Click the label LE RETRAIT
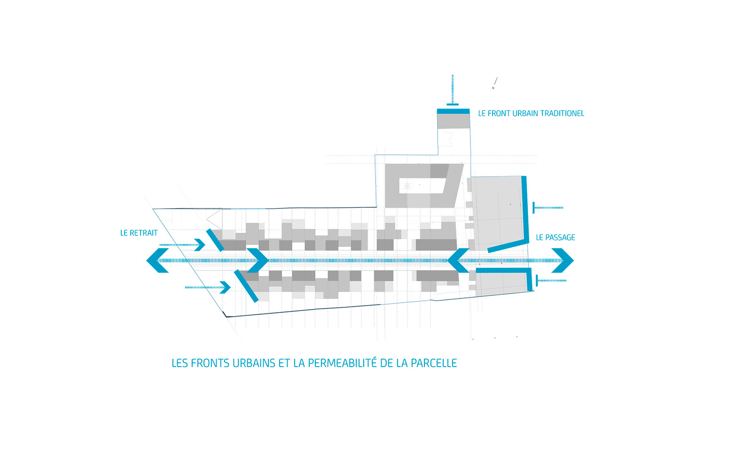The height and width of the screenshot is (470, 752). coord(139,233)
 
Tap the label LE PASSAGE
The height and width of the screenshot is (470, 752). coord(555,238)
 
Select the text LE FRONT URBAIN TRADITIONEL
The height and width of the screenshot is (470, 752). coord(531,113)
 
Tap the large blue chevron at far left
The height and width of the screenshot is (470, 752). coord(157,260)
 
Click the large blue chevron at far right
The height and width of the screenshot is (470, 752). coord(563,260)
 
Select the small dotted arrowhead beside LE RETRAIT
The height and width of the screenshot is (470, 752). coord(200,245)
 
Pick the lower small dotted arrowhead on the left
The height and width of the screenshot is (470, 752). coord(225,287)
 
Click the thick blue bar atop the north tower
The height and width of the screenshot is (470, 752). coord(453,111)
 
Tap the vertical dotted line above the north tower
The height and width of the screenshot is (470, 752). coord(453,89)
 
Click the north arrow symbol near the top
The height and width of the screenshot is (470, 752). coord(494,83)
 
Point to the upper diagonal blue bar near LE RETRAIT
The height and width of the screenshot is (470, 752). coord(215,240)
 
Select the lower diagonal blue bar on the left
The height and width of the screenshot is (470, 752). coord(246,286)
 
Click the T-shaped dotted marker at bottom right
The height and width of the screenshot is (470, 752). coord(551,281)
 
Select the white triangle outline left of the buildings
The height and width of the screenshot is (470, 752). coord(214,219)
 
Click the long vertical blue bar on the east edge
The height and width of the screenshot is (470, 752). coord(525,209)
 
